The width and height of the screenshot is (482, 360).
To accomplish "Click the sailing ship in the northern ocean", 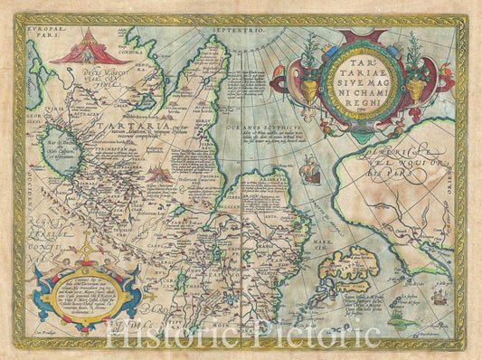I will (x=309, y=168).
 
